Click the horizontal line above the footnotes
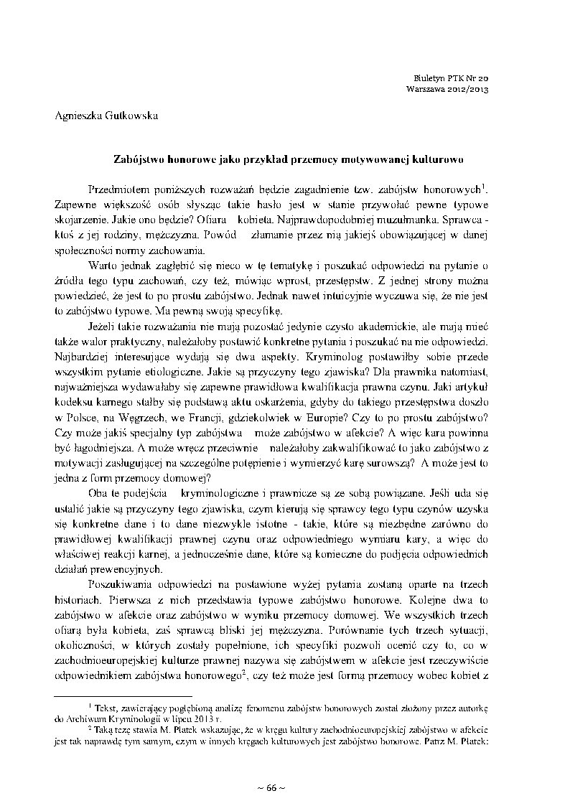[123, 695]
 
